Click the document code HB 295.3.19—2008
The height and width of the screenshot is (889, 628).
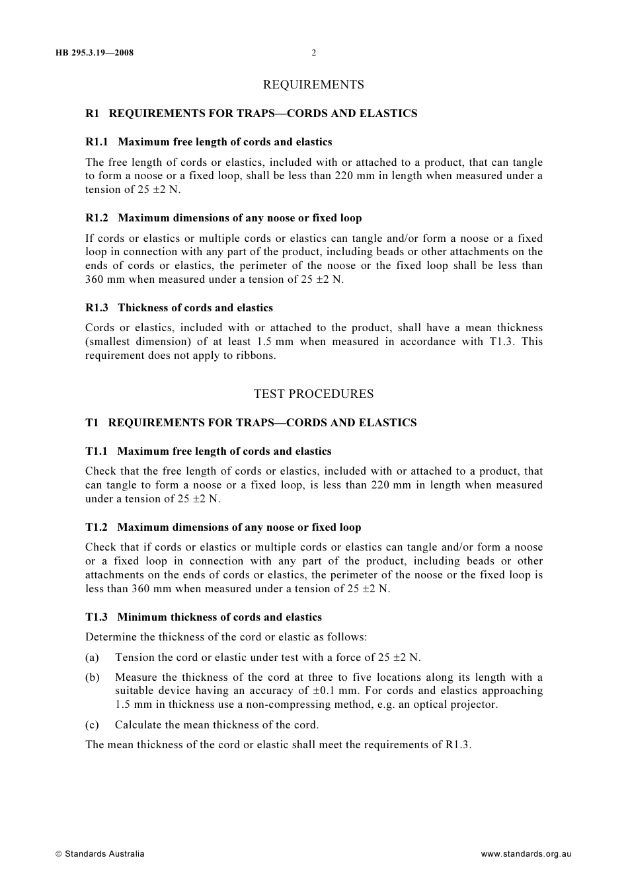[x=95, y=53]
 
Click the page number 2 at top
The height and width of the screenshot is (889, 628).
[x=314, y=53]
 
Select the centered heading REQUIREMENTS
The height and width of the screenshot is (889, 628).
[x=313, y=85]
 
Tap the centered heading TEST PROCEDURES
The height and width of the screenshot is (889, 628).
[x=313, y=394]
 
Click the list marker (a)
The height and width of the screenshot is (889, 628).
[x=92, y=658]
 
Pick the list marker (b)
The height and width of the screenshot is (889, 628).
[x=92, y=677]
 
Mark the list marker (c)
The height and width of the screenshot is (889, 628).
[x=92, y=725]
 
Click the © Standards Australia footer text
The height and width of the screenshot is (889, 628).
[x=100, y=854]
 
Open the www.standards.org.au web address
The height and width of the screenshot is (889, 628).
[x=526, y=854]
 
